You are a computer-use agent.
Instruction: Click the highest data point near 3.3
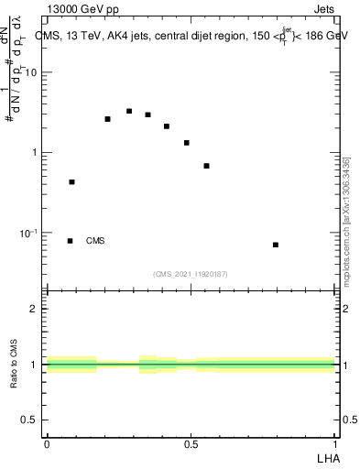(129, 111)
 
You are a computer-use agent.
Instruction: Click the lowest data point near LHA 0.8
(276, 245)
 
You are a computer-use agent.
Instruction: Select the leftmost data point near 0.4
(71, 182)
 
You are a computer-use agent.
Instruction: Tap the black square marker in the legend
(71, 241)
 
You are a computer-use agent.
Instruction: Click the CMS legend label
(95, 241)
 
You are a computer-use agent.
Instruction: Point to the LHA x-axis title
(328, 457)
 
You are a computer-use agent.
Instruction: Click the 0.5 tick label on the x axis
(191, 444)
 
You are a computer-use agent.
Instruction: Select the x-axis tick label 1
(335, 444)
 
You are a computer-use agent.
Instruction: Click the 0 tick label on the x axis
(47, 444)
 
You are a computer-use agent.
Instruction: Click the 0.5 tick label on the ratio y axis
(30, 420)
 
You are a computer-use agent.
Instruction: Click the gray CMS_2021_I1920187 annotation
(191, 274)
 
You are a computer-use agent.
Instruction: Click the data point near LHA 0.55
(207, 166)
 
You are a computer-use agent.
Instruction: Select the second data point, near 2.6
(107, 119)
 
